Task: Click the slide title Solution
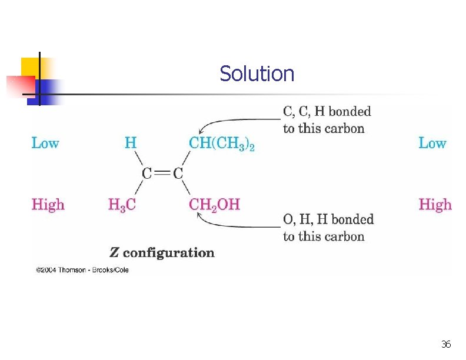257,74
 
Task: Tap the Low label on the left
45,143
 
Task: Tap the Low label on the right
432,143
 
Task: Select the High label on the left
48,205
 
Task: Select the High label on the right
435,205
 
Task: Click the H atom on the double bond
131,142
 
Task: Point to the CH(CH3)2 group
221,143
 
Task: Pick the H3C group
122,205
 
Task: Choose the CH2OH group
214,205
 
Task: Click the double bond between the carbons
162,174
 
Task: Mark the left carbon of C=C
147,174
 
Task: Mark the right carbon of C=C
178,174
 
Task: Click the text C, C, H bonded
327,111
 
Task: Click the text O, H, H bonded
328,219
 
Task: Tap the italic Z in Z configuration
114,253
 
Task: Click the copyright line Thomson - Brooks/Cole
82,270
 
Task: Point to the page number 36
445,344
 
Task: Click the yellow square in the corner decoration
29,66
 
